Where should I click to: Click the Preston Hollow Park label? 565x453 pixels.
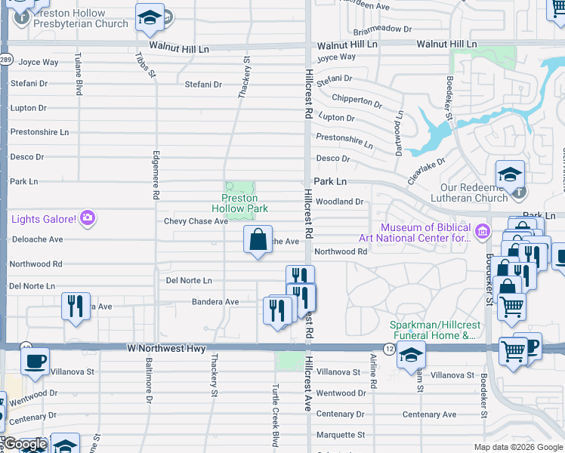[x=239, y=203]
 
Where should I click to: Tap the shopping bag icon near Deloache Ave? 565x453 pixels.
[x=258, y=239]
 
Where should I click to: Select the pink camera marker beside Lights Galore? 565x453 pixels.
[x=88, y=219]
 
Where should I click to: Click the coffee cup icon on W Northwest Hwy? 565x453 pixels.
[x=36, y=361]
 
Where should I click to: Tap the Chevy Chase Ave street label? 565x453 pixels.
[x=196, y=221]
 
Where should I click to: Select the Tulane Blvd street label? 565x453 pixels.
[x=79, y=74]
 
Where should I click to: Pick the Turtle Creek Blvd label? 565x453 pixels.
[x=276, y=413]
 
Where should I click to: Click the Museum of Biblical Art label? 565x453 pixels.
[x=425, y=233]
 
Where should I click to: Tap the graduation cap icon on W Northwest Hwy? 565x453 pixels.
[x=411, y=354]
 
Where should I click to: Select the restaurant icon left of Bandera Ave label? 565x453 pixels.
[x=76, y=306]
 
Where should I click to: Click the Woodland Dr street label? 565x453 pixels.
[x=340, y=202]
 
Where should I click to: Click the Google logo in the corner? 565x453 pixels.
[x=25, y=444]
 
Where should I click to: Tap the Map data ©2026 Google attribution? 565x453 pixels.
[x=517, y=446]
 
